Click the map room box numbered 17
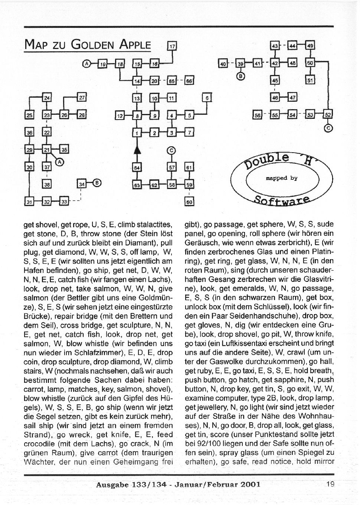tap(173, 46)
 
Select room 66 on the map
tap(189, 80)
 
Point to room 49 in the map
tap(311, 45)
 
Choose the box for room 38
tap(47, 183)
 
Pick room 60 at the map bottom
tap(189, 202)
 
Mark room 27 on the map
tap(82, 98)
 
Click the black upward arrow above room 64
tap(137, 151)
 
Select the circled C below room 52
tap(328, 128)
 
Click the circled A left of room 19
tap(86, 64)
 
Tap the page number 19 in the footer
tap(330, 484)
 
